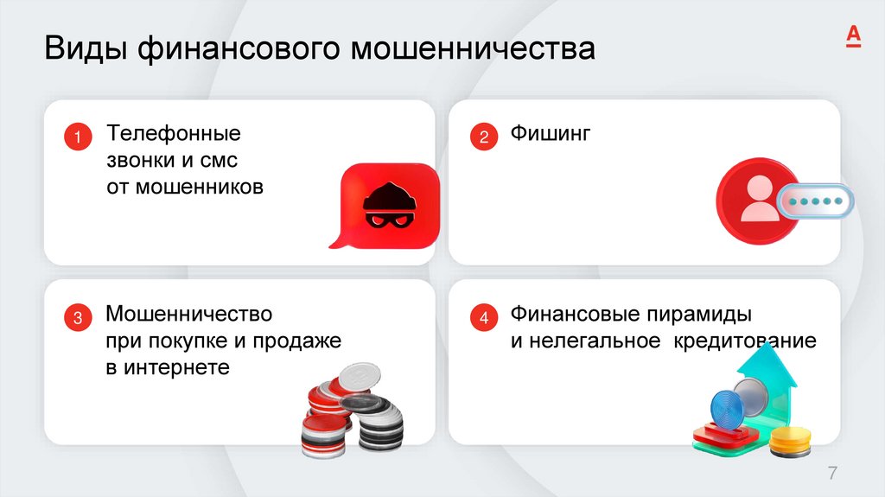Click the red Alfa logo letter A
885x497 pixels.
pyautogui.click(x=852, y=35)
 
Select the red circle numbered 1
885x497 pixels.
pyautogui.click(x=77, y=137)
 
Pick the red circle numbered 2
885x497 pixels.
pyautogui.click(x=483, y=137)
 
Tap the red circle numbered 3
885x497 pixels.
pyautogui.click(x=77, y=318)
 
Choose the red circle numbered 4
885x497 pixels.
pyautogui.click(x=483, y=318)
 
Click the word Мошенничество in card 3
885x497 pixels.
pyautogui.click(x=188, y=312)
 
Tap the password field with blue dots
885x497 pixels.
pyautogui.click(x=813, y=202)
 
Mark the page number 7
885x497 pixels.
pyautogui.click(x=832, y=473)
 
